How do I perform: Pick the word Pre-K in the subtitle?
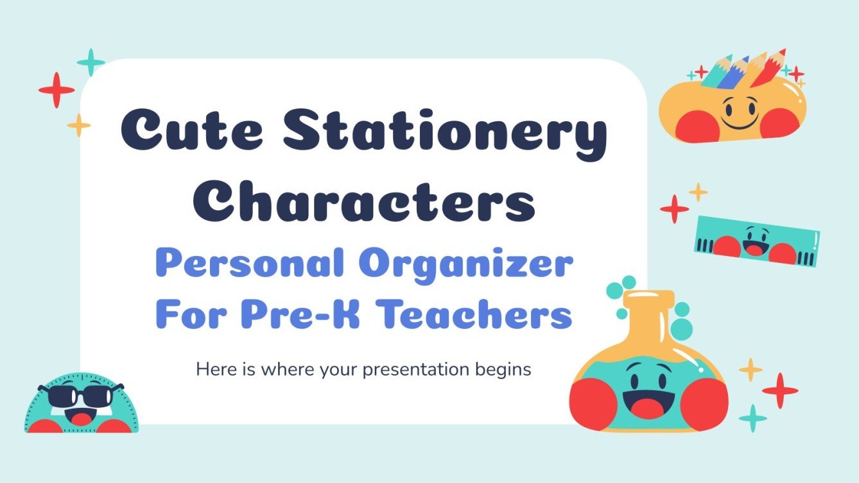point(313,315)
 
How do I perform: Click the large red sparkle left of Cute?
point(56,90)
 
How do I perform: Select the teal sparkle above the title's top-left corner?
point(91,62)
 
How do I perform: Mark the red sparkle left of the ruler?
point(674,209)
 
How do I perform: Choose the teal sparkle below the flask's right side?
point(753,418)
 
